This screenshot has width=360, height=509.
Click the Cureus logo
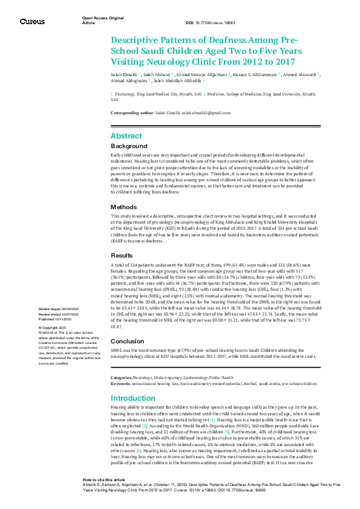[x=32, y=22]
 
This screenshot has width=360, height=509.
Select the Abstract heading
[x=126, y=135]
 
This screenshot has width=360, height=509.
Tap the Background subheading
[x=129, y=146]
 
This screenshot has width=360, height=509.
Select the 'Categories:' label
[x=122, y=360]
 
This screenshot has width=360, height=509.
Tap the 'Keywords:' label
[x=121, y=365]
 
